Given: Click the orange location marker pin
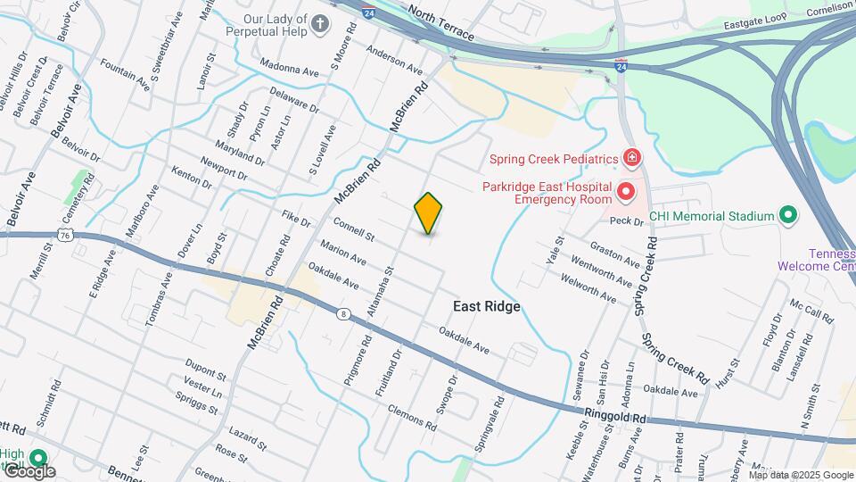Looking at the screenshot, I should point(429,212).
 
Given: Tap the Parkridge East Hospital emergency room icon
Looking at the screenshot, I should point(626,191).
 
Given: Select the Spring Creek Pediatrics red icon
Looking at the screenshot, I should point(632,158).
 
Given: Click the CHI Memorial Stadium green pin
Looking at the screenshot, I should point(787,215).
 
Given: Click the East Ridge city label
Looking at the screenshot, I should point(486,306).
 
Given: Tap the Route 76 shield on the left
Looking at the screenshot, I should point(65,235).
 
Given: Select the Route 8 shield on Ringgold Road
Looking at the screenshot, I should point(342,313).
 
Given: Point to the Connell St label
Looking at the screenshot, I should point(354,229).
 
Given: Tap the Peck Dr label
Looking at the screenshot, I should point(627,220).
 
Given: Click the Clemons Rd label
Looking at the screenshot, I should point(411,421).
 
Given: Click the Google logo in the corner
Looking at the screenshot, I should point(29,470).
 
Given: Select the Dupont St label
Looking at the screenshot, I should point(206,367).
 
